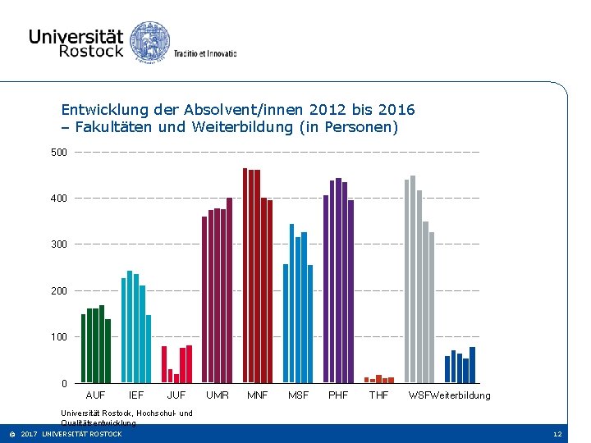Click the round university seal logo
click(150, 41)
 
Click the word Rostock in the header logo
click(91, 51)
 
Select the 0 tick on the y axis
click(64, 384)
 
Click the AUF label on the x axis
click(95, 396)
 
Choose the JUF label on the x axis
click(176, 396)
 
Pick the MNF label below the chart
click(258, 396)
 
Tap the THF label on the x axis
click(378, 396)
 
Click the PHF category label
click(338, 396)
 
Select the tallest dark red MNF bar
click(245, 275)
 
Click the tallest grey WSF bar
click(413, 279)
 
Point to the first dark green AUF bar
click(83, 348)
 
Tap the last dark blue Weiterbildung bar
click(473, 365)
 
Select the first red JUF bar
click(164, 364)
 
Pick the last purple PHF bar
click(351, 291)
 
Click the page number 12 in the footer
click(557, 434)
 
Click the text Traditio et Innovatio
click(205, 53)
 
